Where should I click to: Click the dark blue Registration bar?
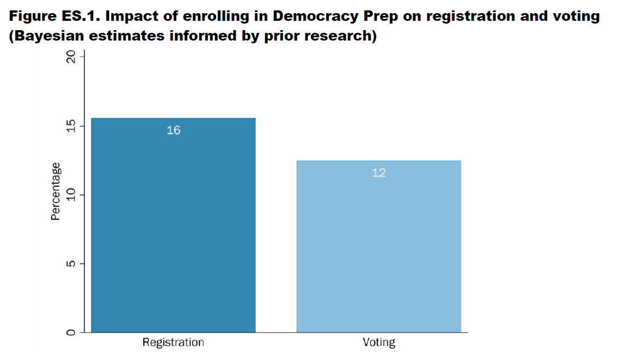173,230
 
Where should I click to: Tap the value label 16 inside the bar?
173,130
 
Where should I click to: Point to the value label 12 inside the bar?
379,173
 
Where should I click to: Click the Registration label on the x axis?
173,342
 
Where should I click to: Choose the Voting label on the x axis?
379,342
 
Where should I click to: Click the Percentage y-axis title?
55,191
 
